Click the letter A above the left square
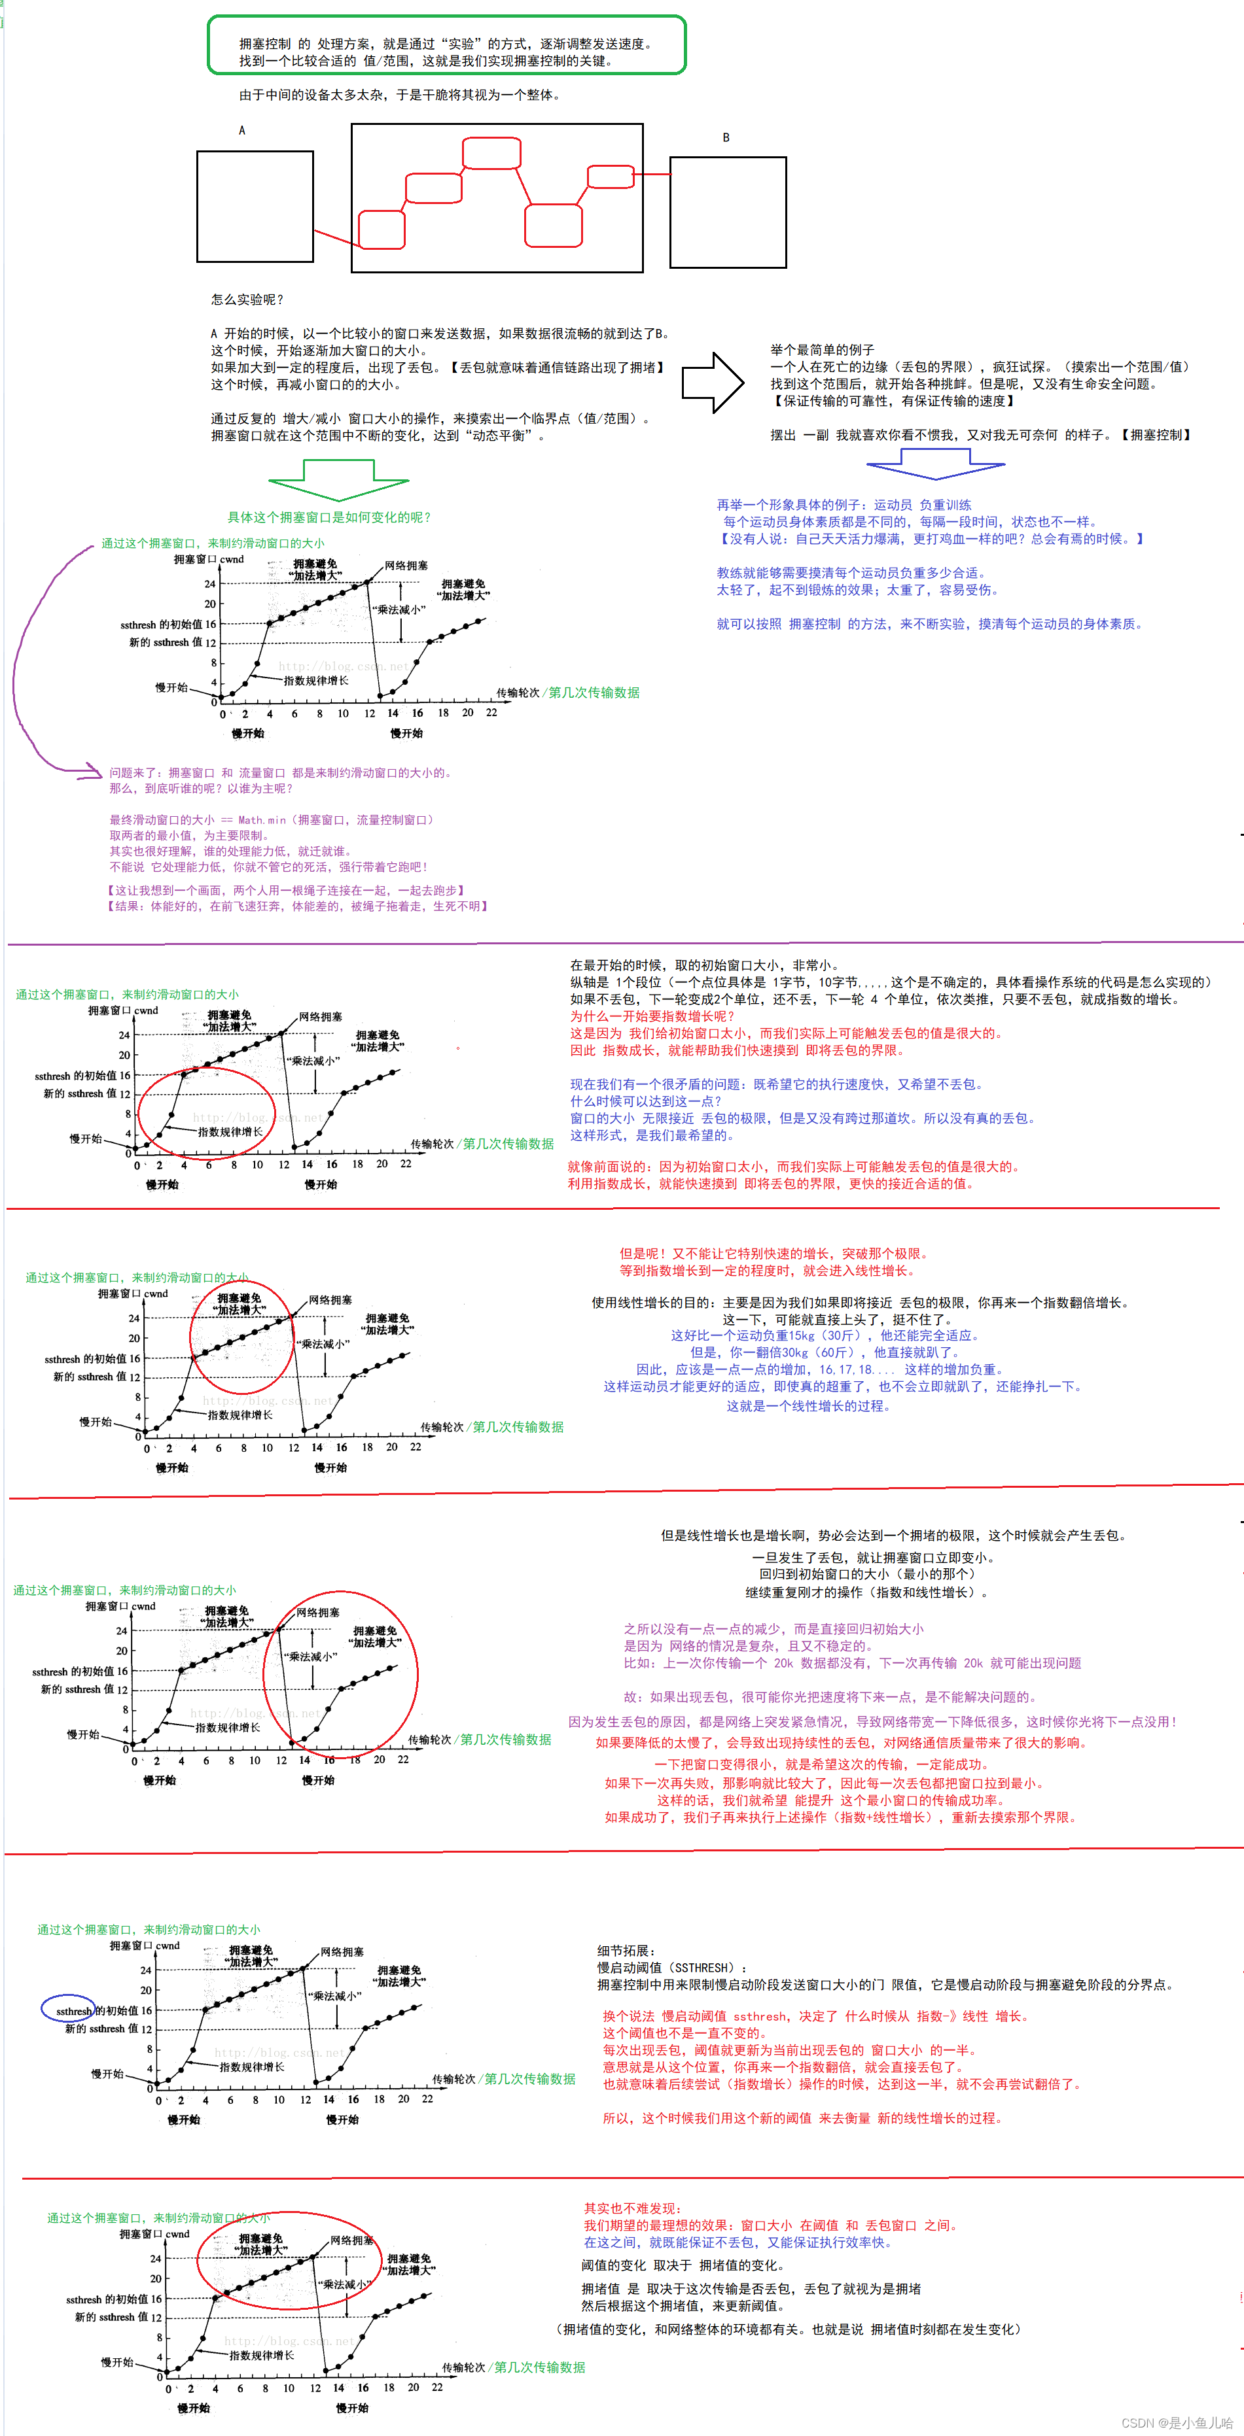[x=242, y=131]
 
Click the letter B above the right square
[x=726, y=138]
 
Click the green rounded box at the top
[x=446, y=45]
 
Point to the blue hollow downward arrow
[x=934, y=464]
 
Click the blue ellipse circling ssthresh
[x=68, y=2008]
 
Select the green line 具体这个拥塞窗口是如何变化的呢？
[x=329, y=517]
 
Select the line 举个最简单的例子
[x=822, y=350]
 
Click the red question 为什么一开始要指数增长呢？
[x=652, y=1016]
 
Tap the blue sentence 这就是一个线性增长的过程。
[x=808, y=1406]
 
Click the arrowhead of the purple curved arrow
[x=95, y=771]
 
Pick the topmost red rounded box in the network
[x=491, y=153]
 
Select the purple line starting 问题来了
[x=281, y=772]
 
